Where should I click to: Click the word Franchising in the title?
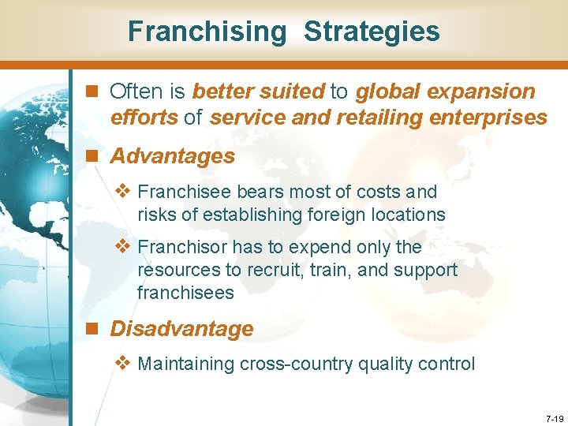[x=207, y=32]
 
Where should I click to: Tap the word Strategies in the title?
[x=372, y=32]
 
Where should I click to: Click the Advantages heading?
[x=173, y=156]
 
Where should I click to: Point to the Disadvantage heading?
[x=182, y=328]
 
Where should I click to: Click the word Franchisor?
[x=177, y=247]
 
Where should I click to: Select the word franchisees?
[x=185, y=293]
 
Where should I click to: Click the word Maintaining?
[x=186, y=364]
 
